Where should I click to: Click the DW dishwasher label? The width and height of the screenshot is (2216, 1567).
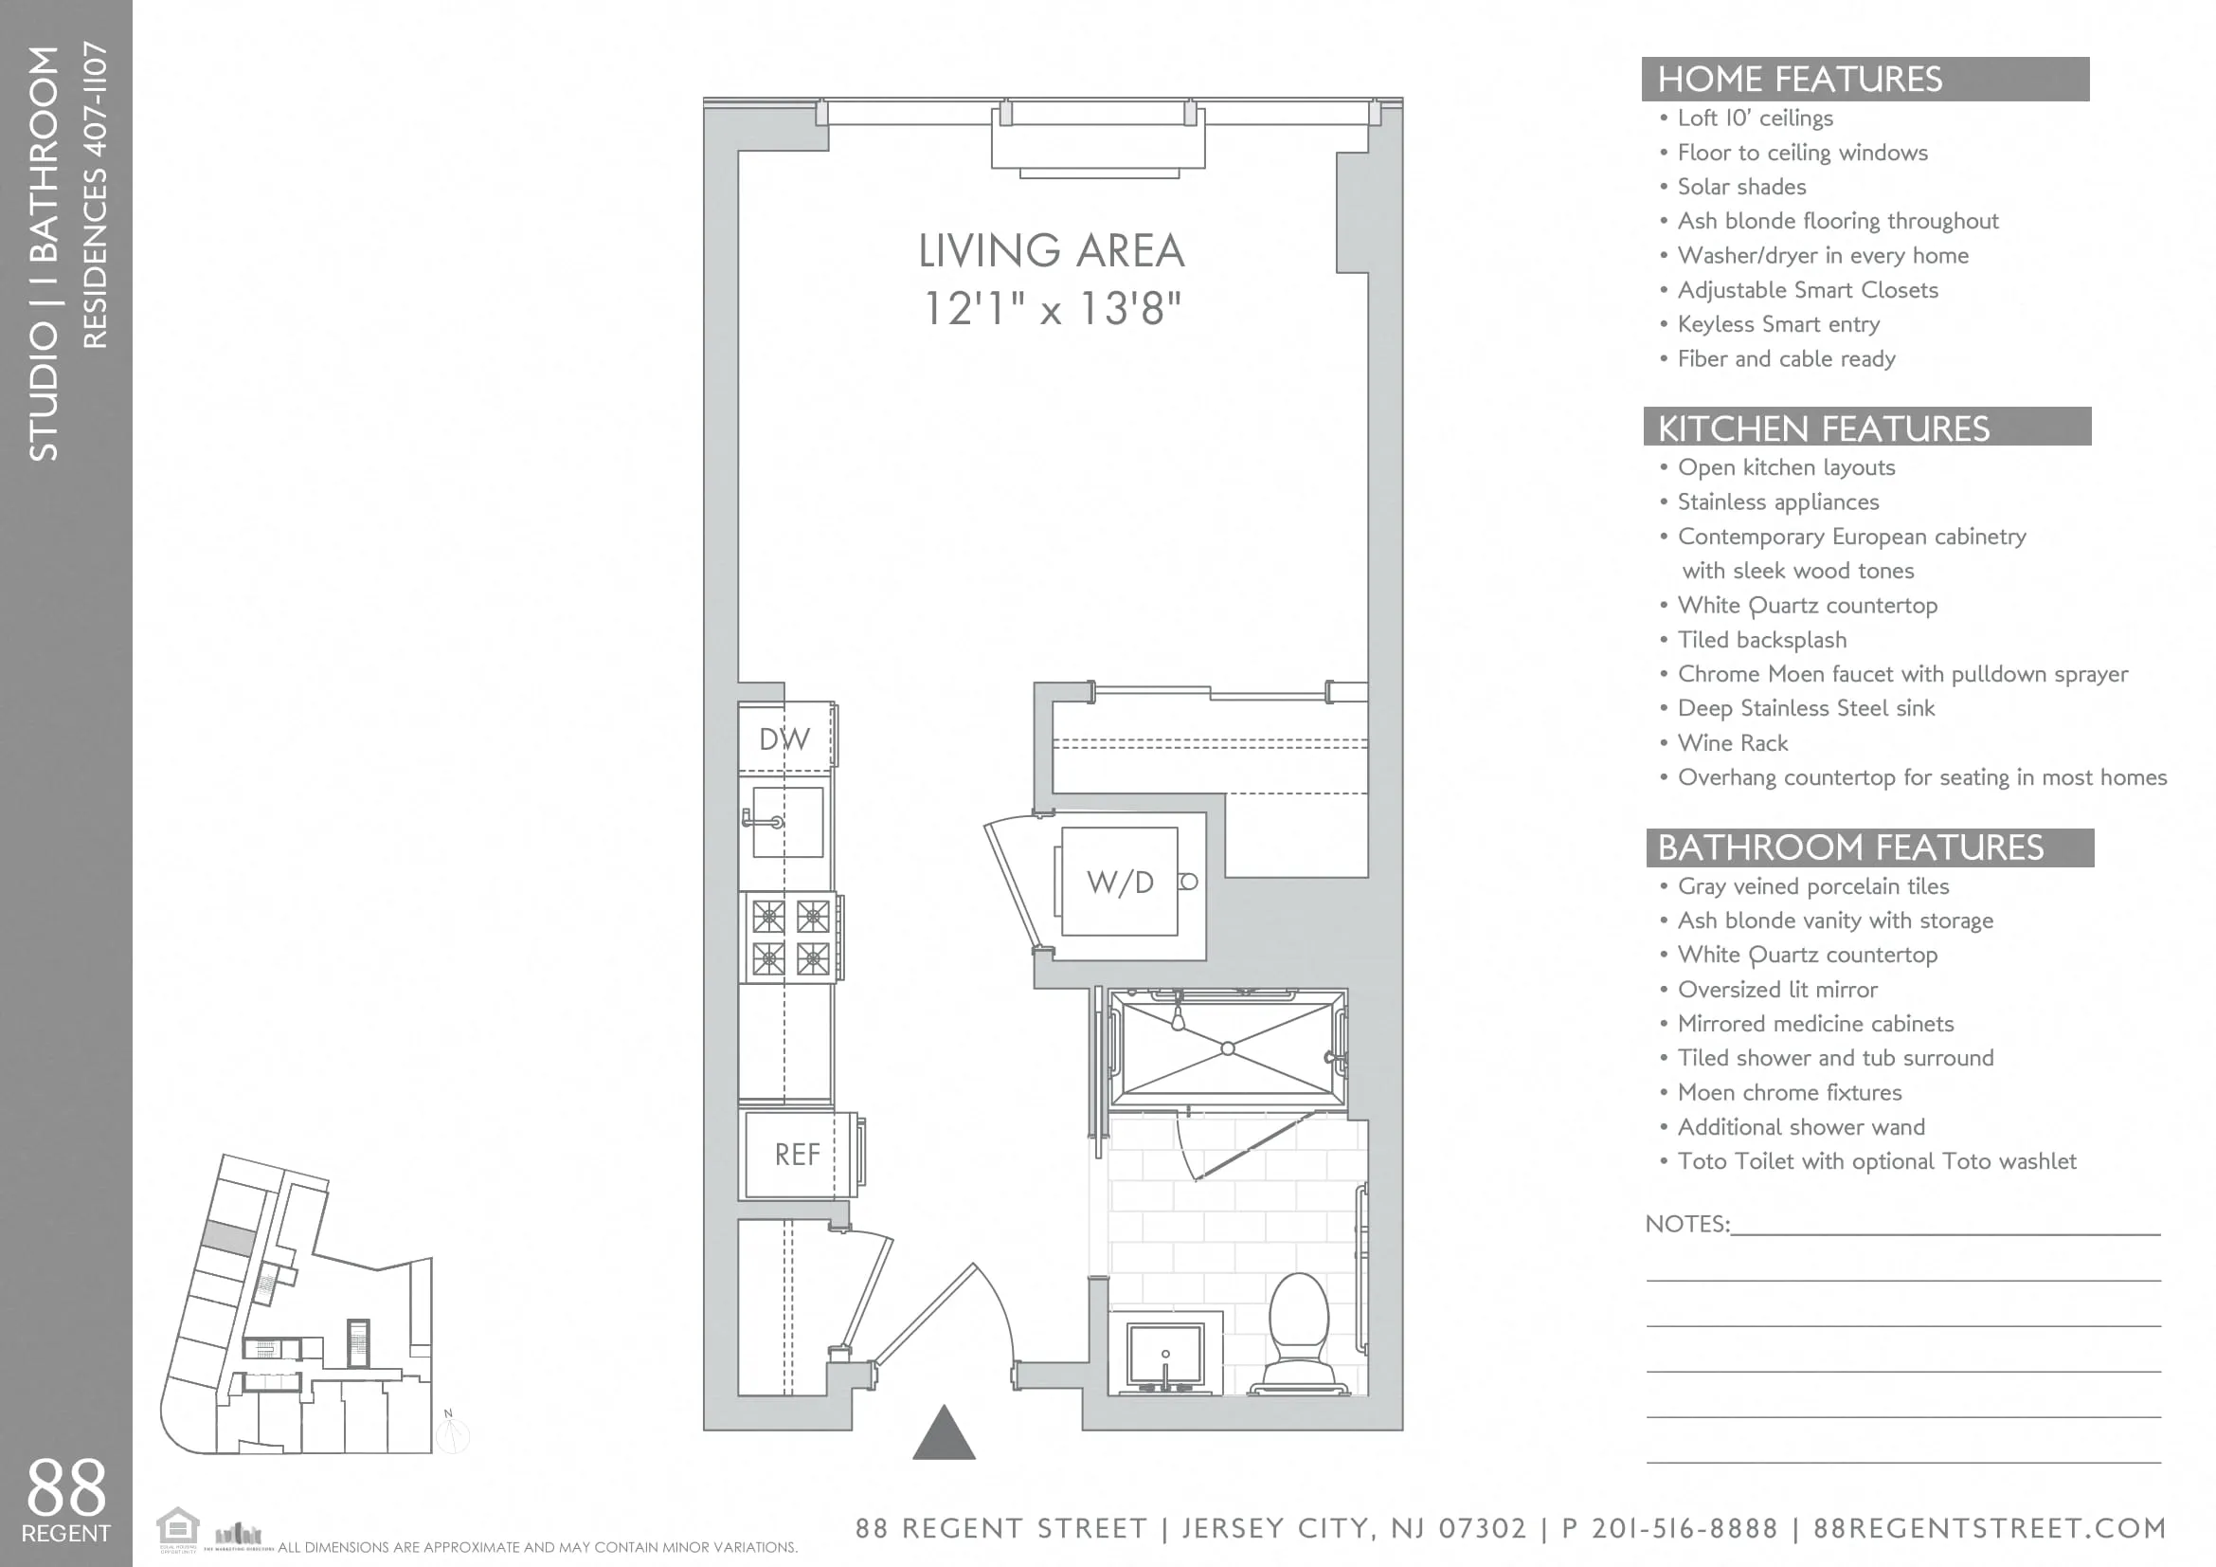pyautogui.click(x=784, y=738)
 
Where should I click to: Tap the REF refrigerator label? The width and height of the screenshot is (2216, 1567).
pyautogui.click(x=797, y=1154)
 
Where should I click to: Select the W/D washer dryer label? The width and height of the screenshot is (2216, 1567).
pyautogui.click(x=1120, y=882)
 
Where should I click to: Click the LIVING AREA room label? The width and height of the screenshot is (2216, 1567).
pyautogui.click(x=1051, y=251)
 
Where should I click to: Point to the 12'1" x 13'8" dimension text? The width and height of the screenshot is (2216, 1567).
pyautogui.click(x=1052, y=309)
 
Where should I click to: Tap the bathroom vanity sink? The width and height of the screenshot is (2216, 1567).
pyautogui.click(x=1165, y=1355)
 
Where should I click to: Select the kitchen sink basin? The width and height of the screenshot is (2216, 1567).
pyautogui.click(x=788, y=822)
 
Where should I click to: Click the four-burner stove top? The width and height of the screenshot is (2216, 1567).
pyautogui.click(x=790, y=937)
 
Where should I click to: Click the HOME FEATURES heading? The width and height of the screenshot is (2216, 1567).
pyautogui.click(x=1799, y=80)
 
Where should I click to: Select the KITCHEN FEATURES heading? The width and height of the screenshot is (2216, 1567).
pyautogui.click(x=1823, y=428)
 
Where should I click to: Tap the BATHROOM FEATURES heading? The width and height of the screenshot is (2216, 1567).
pyautogui.click(x=1850, y=847)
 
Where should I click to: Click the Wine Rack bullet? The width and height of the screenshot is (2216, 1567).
pyautogui.click(x=1733, y=742)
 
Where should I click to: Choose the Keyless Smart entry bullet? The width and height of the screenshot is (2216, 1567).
pyautogui.click(x=1777, y=324)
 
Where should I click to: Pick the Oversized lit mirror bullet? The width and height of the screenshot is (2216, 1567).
pyautogui.click(x=1776, y=989)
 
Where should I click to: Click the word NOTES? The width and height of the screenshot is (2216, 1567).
pyautogui.click(x=1685, y=1223)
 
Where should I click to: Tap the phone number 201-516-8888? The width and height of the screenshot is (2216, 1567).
pyautogui.click(x=1685, y=1528)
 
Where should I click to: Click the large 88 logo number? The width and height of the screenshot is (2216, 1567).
pyautogui.click(x=65, y=1486)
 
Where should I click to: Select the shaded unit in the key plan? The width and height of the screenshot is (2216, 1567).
pyautogui.click(x=229, y=1238)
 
